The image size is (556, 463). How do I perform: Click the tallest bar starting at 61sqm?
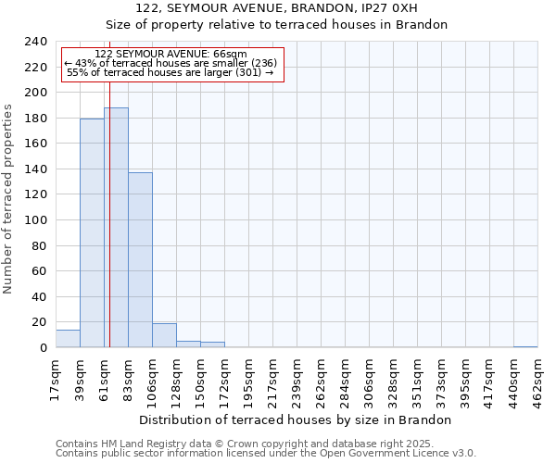click(116, 228)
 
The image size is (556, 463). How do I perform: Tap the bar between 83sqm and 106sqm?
click(140, 260)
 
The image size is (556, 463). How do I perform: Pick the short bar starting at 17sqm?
click(68, 339)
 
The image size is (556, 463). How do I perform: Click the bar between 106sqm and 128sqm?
click(164, 336)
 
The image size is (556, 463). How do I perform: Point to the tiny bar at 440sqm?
click(525, 346)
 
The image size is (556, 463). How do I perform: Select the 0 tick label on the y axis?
click(43, 348)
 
